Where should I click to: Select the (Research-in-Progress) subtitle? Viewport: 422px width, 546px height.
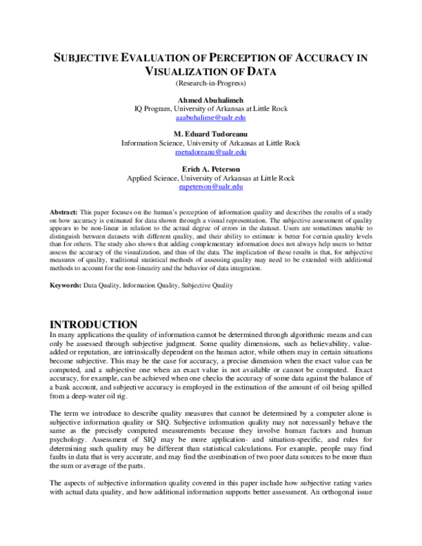pos(211,84)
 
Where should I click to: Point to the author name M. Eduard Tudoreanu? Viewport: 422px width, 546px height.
pos(211,134)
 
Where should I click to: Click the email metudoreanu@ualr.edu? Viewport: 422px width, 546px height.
pos(211,151)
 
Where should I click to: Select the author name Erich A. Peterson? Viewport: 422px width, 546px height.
pos(211,168)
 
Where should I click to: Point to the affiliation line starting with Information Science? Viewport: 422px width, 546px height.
pos(211,143)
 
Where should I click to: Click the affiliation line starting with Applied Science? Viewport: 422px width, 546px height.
pos(211,177)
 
